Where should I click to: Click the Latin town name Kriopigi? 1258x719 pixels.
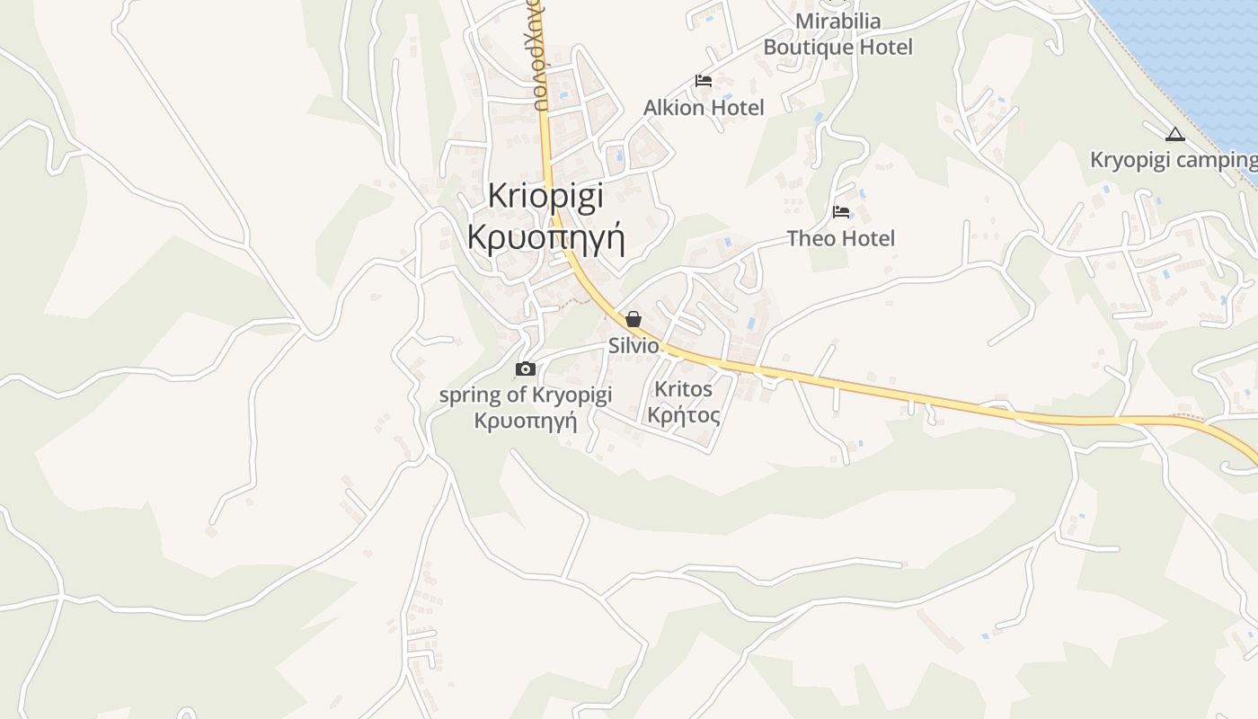click(x=545, y=197)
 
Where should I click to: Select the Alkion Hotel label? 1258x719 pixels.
click(x=704, y=108)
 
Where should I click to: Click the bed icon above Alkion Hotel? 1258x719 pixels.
click(x=704, y=81)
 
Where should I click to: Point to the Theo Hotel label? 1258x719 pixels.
click(x=841, y=238)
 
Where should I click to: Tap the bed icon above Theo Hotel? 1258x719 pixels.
click(x=841, y=212)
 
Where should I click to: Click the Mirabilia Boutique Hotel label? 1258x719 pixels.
click(x=837, y=33)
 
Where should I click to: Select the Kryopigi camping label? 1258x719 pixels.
click(x=1173, y=160)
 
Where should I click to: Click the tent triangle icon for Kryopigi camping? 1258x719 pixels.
click(x=1174, y=136)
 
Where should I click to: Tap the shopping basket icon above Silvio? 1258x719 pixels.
click(x=633, y=319)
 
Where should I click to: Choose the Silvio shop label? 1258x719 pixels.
click(x=633, y=346)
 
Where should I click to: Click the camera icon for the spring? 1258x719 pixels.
click(x=526, y=368)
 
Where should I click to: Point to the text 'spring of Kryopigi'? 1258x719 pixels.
click(x=526, y=395)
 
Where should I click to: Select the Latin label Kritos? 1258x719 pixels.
click(x=684, y=389)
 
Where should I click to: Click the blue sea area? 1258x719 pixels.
click(x=1186, y=54)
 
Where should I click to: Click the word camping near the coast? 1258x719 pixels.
click(x=1215, y=160)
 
